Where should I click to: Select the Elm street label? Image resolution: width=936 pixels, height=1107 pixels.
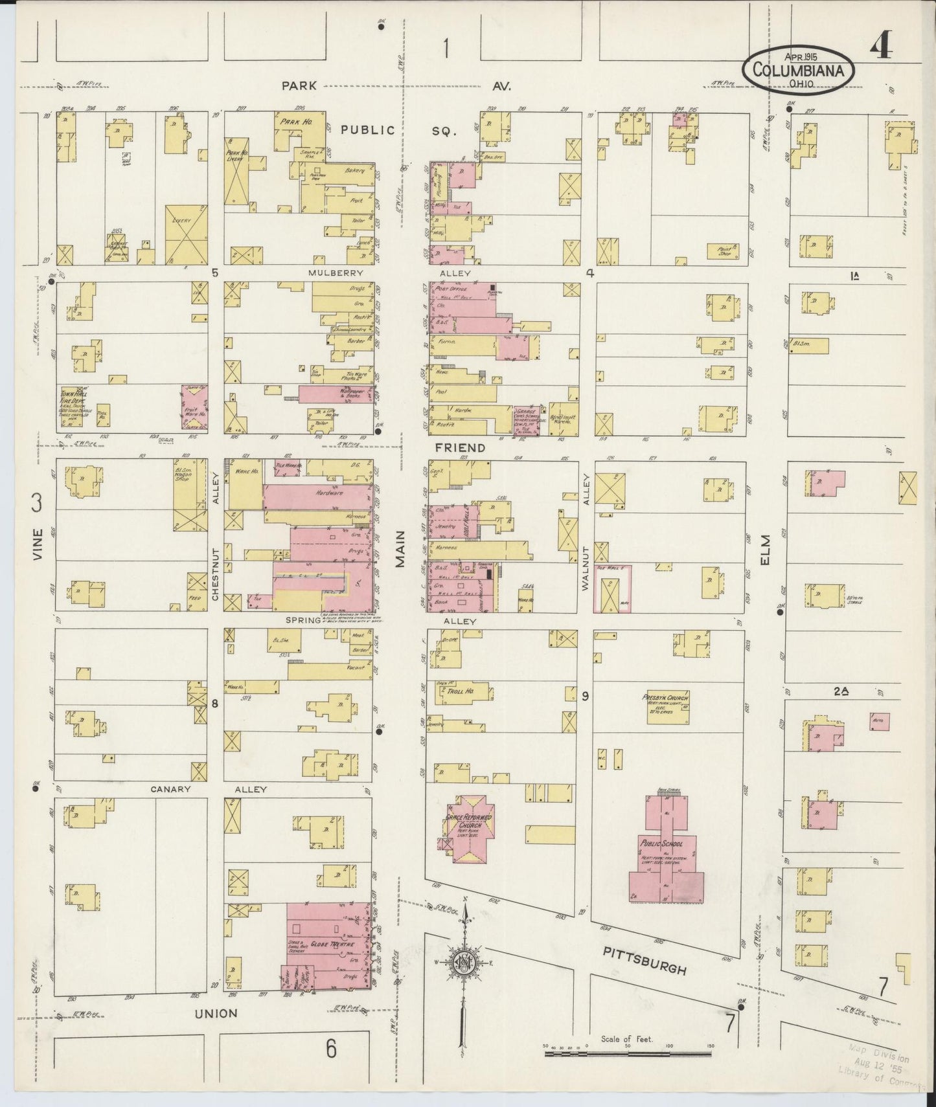(x=766, y=549)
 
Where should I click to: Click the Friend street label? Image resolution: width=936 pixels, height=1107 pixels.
(x=459, y=447)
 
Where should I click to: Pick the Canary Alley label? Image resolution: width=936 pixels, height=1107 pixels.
(x=209, y=789)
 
